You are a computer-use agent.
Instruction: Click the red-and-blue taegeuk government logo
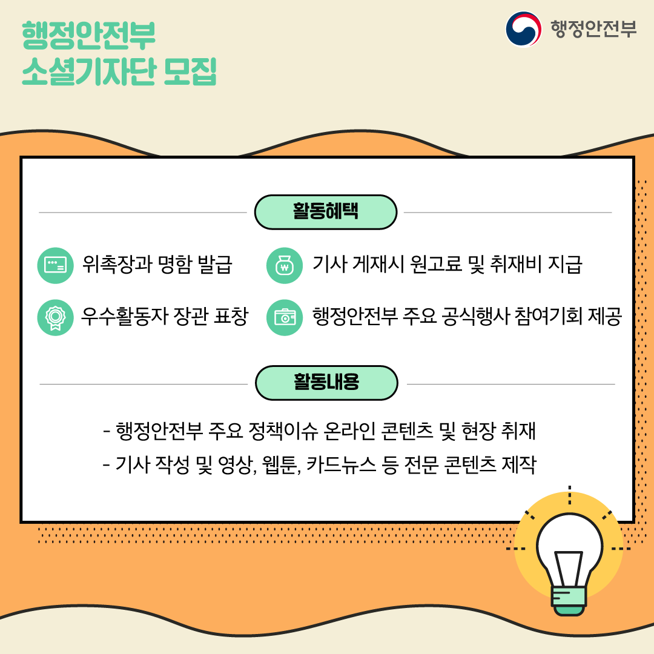coord(523,29)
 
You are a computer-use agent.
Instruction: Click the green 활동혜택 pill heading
coord(325,212)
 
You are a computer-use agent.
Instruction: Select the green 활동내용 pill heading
coord(326,383)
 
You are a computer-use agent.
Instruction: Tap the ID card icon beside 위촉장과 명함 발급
coord(56,265)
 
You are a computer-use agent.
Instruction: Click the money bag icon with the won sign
coord(285,265)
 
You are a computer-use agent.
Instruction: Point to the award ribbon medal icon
coord(56,317)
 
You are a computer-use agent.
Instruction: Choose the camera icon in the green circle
coord(285,317)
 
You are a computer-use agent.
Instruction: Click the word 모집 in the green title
coord(190,71)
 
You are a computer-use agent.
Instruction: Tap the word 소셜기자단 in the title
coord(89,71)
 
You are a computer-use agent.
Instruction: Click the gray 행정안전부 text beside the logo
coord(593,29)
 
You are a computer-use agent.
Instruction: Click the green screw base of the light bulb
coord(569,601)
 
